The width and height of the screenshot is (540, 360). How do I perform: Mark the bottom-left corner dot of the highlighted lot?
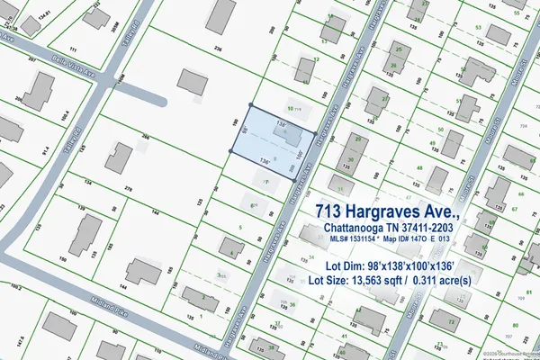coord(231,152)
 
